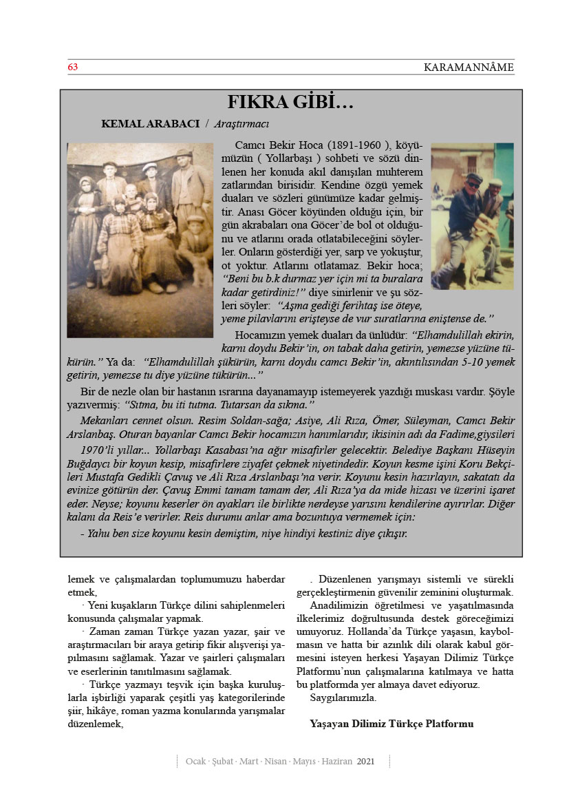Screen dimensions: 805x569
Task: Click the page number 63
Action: pos(72,67)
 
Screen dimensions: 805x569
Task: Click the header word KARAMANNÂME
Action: pos(469,67)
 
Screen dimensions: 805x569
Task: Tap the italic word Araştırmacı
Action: pos(241,124)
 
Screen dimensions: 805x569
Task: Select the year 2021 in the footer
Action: pos(366,762)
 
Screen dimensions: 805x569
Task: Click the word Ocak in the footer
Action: pos(196,762)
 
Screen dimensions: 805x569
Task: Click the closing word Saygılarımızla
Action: pos(343,698)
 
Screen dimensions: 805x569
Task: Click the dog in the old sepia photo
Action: pos(200,265)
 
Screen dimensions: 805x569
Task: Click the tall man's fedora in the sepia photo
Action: pos(182,154)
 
